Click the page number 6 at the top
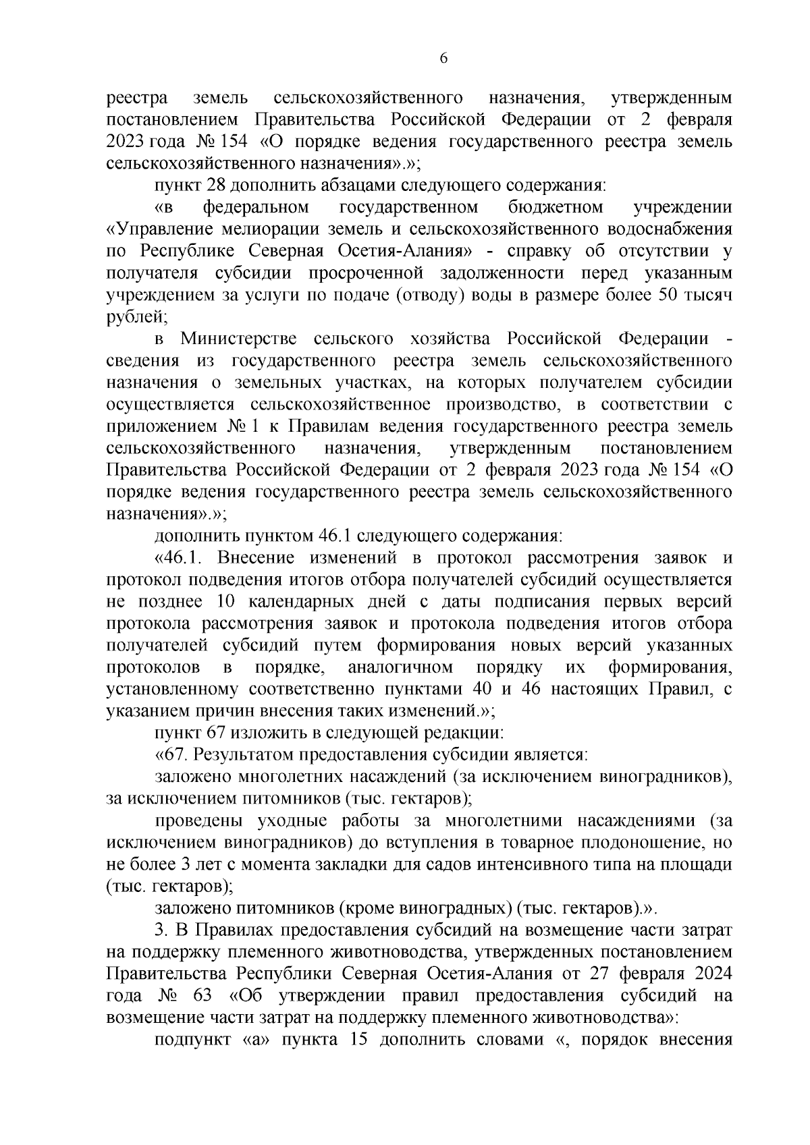(x=443, y=58)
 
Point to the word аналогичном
(x=400, y=667)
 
